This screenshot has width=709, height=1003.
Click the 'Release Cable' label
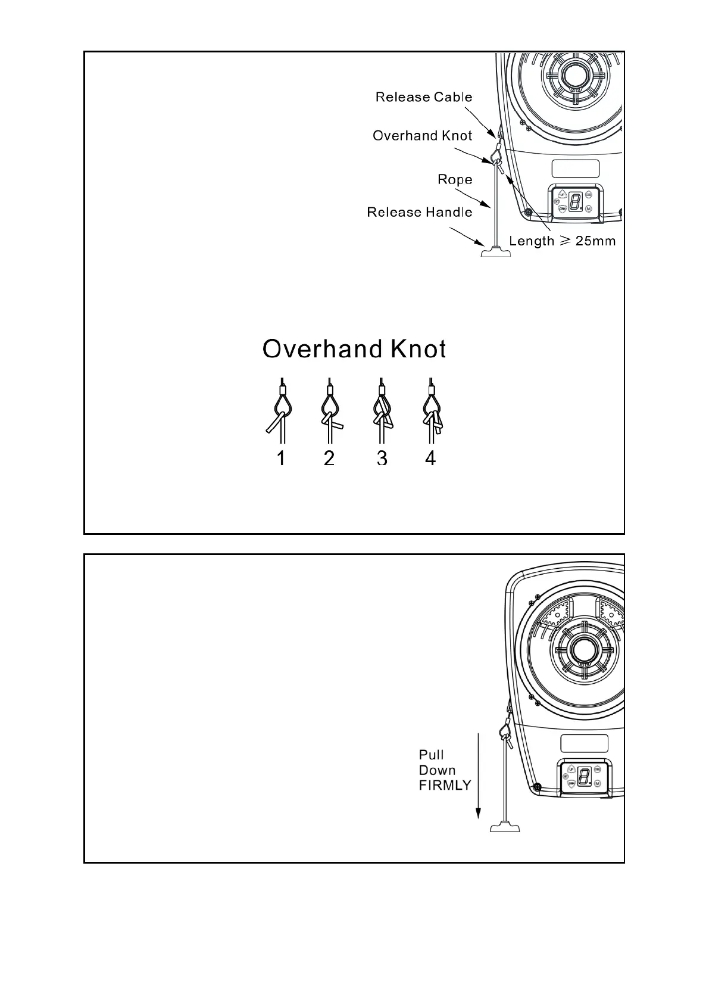[x=423, y=97]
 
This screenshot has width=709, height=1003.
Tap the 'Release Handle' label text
[x=419, y=213]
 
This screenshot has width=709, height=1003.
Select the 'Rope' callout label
[x=455, y=179]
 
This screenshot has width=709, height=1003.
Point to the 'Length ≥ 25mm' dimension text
[x=562, y=241]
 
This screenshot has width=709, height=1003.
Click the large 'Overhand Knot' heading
[x=354, y=349]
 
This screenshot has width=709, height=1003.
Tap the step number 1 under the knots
[x=281, y=458]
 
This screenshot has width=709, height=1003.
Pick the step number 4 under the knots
[x=430, y=458]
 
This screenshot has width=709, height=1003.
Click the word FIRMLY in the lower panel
[x=445, y=786]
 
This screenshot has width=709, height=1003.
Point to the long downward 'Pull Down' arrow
[x=478, y=774]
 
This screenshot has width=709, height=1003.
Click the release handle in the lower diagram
[x=505, y=827]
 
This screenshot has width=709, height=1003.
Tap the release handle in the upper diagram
[x=496, y=253]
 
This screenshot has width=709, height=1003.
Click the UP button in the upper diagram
[x=562, y=195]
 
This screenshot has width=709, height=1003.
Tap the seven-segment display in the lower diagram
[x=584, y=776]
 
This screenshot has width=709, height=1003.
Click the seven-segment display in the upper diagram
[x=575, y=202]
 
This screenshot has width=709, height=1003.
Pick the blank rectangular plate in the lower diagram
[x=584, y=743]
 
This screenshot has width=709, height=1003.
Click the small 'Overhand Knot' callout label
[x=422, y=136]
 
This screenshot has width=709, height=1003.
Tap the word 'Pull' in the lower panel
[x=432, y=755]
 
